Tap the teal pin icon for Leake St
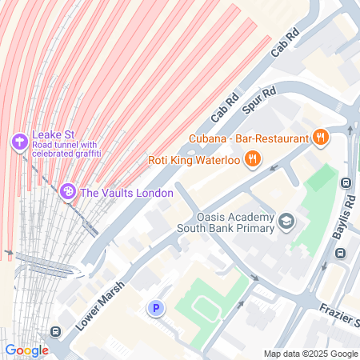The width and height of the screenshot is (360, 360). (x=18, y=142)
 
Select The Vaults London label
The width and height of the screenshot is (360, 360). (x=126, y=192)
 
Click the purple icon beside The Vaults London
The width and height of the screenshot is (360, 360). (x=68, y=192)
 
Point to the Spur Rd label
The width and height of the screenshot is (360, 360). (x=258, y=98)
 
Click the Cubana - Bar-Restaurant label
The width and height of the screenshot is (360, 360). (x=249, y=138)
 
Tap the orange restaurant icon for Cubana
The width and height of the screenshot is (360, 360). (x=321, y=137)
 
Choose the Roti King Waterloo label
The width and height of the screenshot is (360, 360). (x=194, y=158)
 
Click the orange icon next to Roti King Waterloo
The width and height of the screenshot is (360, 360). (x=253, y=158)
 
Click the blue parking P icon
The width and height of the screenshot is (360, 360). (x=156, y=307)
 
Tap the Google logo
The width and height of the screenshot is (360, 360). (x=26, y=350)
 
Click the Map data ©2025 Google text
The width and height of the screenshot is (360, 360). (x=311, y=354)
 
